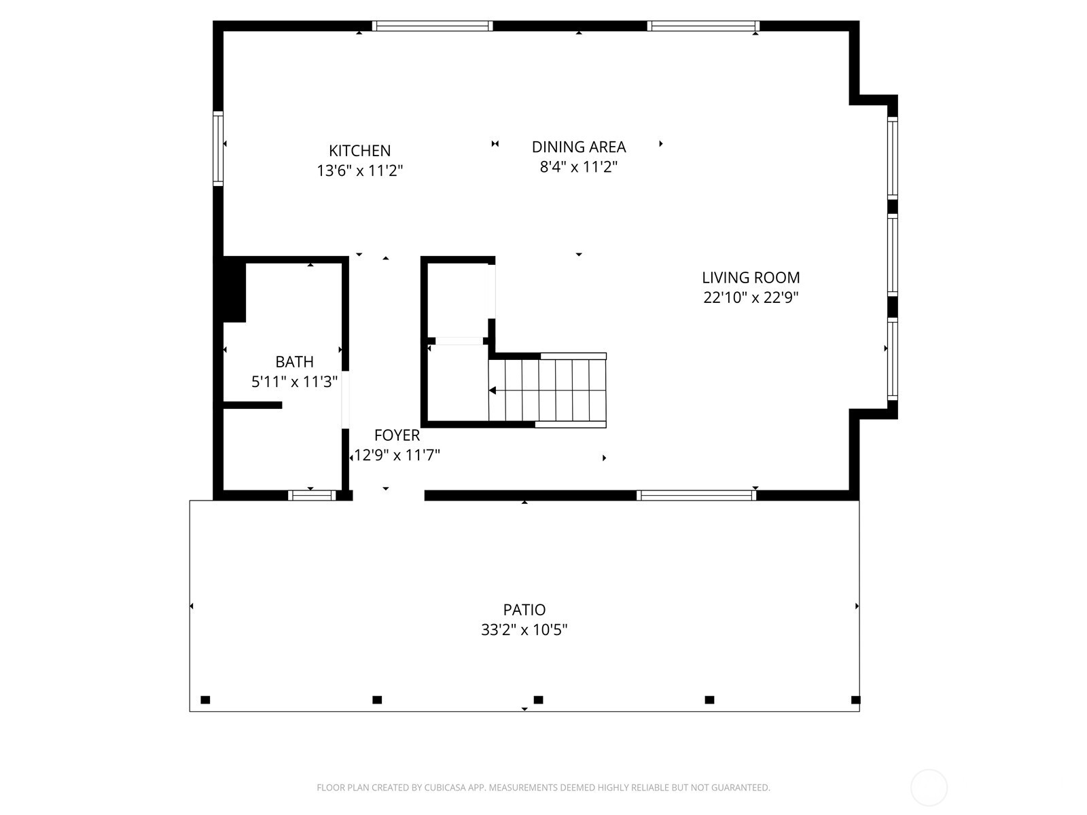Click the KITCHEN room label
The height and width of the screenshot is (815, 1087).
[x=359, y=151]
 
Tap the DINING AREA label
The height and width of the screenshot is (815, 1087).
[x=578, y=147]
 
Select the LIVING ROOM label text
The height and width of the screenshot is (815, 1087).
[x=751, y=277]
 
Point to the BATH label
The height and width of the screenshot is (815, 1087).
[x=294, y=361]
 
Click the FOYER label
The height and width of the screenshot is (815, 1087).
[x=397, y=435]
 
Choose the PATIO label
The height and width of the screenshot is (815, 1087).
[x=524, y=609]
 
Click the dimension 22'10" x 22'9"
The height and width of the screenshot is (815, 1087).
[x=751, y=297]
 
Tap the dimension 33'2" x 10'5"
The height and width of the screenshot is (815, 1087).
[x=524, y=630]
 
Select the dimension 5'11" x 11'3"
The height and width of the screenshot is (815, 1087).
[x=294, y=382]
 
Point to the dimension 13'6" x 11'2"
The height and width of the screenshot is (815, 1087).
[x=359, y=170]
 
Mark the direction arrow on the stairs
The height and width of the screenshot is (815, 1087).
[x=493, y=391]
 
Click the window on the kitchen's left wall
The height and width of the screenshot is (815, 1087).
[x=218, y=149]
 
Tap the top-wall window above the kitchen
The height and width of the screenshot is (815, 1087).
[x=432, y=26]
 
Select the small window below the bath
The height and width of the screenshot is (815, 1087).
[x=312, y=495]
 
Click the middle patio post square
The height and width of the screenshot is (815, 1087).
[x=538, y=700]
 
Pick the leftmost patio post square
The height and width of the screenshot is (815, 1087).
[x=205, y=700]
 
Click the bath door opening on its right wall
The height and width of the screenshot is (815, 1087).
[x=345, y=399]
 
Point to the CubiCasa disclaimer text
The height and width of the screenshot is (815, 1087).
[x=543, y=788]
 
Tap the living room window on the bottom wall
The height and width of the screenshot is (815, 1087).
[x=696, y=495]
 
